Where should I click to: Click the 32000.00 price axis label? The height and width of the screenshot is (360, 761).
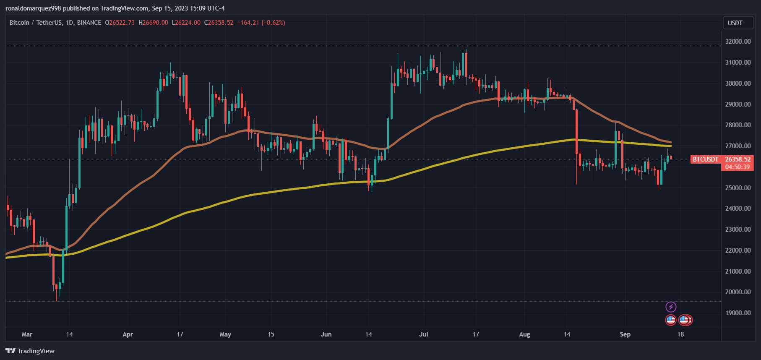(738, 42)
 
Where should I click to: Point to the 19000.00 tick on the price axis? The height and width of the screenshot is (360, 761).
(738, 313)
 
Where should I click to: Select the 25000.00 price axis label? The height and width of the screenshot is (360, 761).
(738, 188)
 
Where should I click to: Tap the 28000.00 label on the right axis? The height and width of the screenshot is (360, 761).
(738, 125)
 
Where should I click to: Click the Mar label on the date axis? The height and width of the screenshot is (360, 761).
(27, 334)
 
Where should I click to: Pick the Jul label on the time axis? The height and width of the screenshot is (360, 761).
(424, 334)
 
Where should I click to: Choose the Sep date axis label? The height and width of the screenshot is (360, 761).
(625, 334)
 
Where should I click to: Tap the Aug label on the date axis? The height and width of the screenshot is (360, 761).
(524, 334)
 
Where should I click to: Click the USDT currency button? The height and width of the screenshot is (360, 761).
(735, 23)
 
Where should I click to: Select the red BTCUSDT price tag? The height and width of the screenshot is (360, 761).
(705, 159)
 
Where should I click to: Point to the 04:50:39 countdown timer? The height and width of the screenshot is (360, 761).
(737, 167)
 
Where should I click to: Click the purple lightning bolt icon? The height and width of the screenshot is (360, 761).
(671, 307)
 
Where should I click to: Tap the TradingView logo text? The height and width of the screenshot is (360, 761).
(36, 351)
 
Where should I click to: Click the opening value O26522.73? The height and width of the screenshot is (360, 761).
(120, 23)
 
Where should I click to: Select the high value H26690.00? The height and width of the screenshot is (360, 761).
(153, 23)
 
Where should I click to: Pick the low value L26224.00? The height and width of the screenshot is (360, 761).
(186, 23)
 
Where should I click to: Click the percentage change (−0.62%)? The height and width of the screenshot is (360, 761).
(273, 23)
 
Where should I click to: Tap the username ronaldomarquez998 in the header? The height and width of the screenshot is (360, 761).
(33, 8)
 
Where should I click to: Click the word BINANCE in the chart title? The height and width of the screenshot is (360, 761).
(89, 23)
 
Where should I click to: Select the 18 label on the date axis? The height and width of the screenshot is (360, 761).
(680, 334)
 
